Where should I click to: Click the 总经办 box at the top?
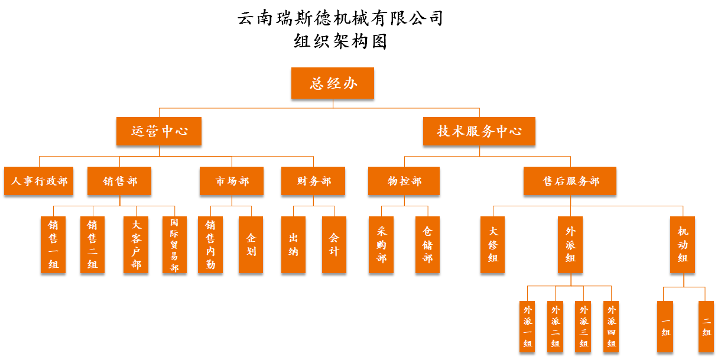[x=333, y=83]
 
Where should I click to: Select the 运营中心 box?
[x=159, y=131]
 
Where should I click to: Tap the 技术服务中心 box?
[x=479, y=131]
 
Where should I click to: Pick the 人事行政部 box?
[x=39, y=181]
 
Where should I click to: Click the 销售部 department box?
[x=119, y=181]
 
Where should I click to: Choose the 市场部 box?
[x=232, y=181]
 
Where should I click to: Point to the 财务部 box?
[x=313, y=181]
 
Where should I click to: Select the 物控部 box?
[x=404, y=181]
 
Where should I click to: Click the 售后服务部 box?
[x=570, y=181]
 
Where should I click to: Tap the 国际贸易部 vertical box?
[x=174, y=245]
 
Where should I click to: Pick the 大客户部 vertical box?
[x=136, y=245]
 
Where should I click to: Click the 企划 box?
[x=251, y=245]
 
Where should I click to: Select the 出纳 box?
[x=293, y=245]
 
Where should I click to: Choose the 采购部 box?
[x=381, y=245]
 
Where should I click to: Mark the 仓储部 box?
[x=427, y=245]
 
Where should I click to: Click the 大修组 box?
[x=493, y=245]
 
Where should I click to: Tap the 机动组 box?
[x=683, y=245]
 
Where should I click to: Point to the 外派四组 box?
[x=611, y=327]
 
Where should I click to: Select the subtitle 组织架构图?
[x=340, y=41]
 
